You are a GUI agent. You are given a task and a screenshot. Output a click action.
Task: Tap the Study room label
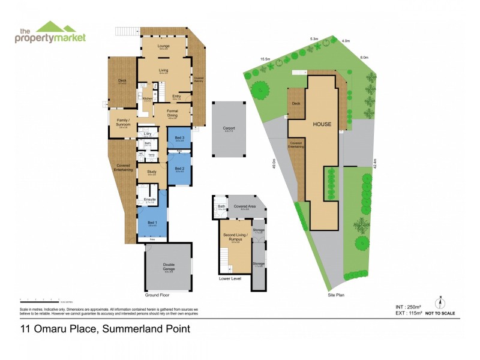coord(151,173)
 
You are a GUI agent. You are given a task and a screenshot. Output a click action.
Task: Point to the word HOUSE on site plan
coord(322,124)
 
